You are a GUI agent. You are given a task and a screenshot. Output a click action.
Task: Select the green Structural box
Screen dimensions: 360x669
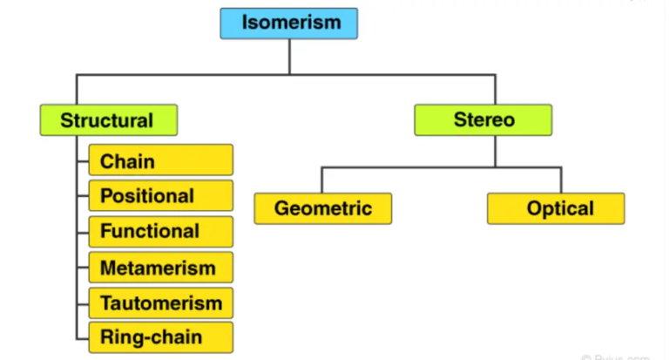(x=108, y=120)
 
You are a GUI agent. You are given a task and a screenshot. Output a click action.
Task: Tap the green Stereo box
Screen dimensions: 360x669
(x=483, y=120)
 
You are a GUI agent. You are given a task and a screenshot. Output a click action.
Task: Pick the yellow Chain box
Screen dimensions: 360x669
(x=160, y=160)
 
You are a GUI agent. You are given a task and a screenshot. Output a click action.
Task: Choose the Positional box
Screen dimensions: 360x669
(x=160, y=196)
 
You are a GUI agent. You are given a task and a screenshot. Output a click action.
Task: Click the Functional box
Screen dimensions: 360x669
(x=160, y=231)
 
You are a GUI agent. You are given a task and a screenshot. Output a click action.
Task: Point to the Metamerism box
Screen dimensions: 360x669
(x=160, y=267)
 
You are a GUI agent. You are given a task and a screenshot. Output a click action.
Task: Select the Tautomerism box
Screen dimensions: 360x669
(x=160, y=302)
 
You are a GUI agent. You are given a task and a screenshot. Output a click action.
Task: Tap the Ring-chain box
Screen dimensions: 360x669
(x=160, y=337)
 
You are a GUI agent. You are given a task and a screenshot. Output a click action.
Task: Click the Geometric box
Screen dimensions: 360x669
(x=322, y=208)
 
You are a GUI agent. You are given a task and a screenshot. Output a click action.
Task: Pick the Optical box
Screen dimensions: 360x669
(x=556, y=208)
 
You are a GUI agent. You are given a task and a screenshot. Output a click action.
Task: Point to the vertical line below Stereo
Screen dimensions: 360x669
(x=495, y=150)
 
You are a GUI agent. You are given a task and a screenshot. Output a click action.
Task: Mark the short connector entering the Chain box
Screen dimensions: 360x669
(x=83, y=160)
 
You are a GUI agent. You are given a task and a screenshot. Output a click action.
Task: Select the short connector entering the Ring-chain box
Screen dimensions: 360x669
(x=83, y=337)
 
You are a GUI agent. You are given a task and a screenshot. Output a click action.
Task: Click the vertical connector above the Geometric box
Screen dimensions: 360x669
(x=322, y=180)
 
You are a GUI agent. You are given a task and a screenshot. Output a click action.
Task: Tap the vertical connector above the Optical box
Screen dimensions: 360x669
(x=561, y=180)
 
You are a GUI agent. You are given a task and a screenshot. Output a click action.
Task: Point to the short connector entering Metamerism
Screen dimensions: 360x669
(x=83, y=267)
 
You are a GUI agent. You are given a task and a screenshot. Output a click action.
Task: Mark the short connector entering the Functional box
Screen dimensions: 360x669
(x=83, y=231)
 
